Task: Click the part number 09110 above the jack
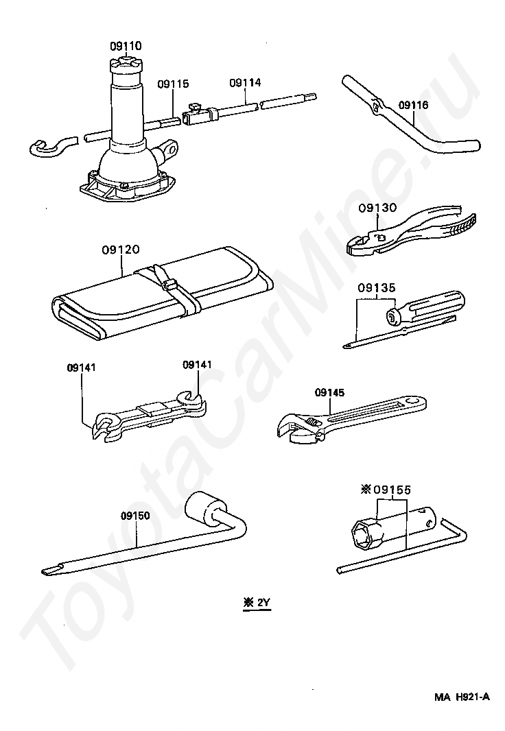[x=126, y=46]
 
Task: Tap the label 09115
[x=173, y=84]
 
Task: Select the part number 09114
[x=245, y=82]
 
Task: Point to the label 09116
[x=413, y=105]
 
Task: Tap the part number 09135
[x=375, y=287]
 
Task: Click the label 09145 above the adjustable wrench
[x=330, y=393]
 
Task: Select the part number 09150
[x=134, y=515]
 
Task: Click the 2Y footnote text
[x=257, y=603]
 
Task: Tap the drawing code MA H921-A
[x=462, y=697]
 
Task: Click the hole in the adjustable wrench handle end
[x=412, y=401]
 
